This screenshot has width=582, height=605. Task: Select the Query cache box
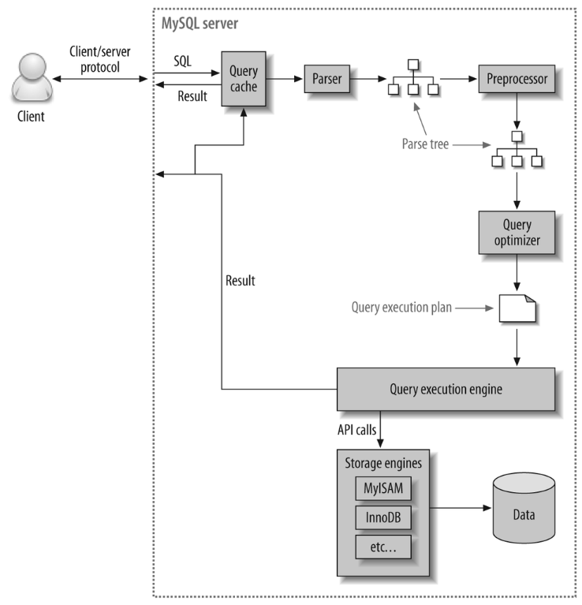243,80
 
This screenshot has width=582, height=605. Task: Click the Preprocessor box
517,80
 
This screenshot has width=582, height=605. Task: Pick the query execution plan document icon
517,308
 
